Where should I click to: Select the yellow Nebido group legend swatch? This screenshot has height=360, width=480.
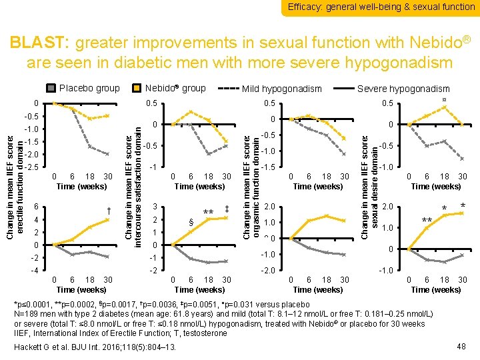coord(136,88)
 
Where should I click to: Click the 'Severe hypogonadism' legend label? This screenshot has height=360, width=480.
coord(403,89)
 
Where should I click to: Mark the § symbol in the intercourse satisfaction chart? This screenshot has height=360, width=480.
coord(191,222)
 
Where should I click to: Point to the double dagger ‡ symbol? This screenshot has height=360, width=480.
coord(227,209)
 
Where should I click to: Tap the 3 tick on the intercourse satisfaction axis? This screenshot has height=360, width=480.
coord(155,206)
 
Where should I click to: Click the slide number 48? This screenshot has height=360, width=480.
coord(459,346)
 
